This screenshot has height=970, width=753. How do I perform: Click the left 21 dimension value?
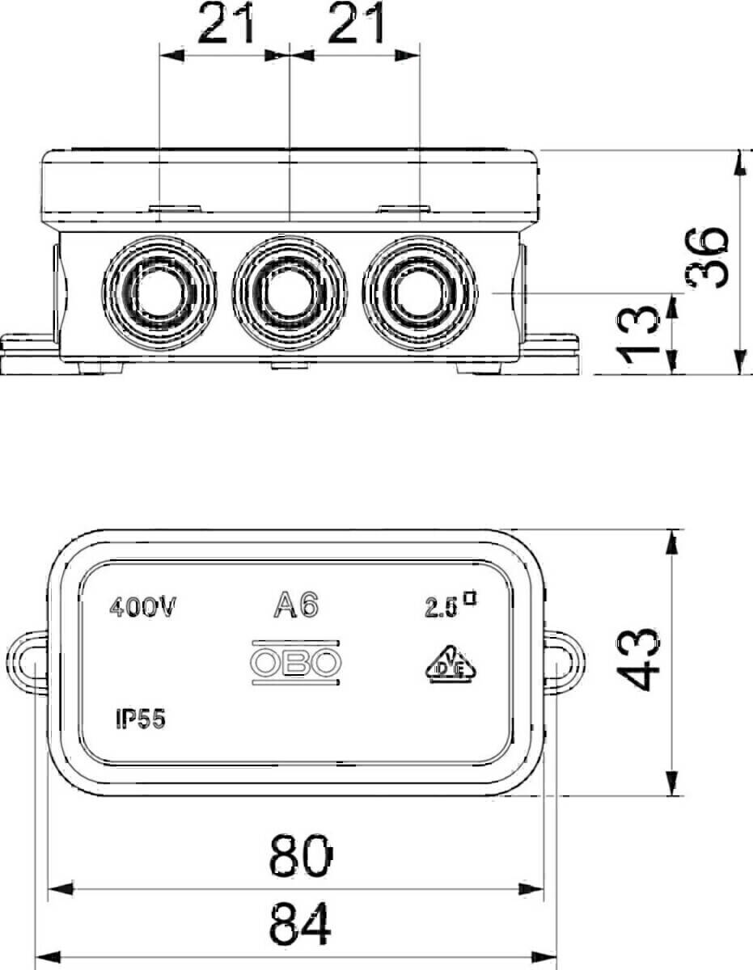click(x=226, y=27)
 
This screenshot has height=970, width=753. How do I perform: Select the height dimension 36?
click(x=709, y=256)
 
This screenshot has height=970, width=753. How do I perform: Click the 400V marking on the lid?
click(x=142, y=608)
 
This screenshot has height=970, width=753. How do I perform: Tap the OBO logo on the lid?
click(x=295, y=664)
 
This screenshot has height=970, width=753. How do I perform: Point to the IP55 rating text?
click(x=140, y=719)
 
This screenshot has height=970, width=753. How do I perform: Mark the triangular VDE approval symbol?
click(x=445, y=664)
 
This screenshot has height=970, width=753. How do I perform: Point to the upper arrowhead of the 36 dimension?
click(x=739, y=162)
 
